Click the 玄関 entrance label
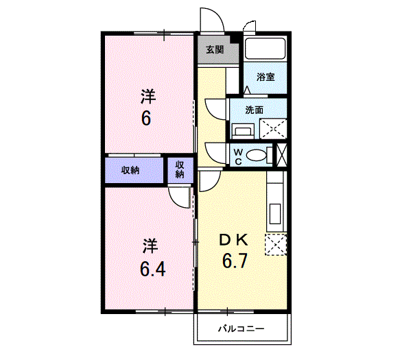[215, 49]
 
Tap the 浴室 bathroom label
[266, 77]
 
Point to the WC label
[237, 156]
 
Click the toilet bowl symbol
[256, 156]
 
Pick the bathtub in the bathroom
[265, 49]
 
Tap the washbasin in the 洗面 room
[242, 130]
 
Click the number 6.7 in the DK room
[234, 261]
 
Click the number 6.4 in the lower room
[152, 267]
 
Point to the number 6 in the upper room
[146, 119]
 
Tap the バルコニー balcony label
[241, 328]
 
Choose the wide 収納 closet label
[131, 170]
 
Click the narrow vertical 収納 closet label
[179, 169]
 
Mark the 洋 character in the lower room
[150, 245]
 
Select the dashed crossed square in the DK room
[276, 244]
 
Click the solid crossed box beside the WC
[280, 154]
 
